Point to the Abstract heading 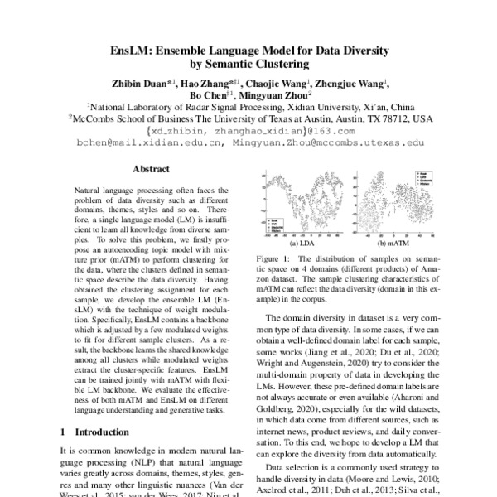tap(151, 169)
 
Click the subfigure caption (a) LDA tap(300, 244)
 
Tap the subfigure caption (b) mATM tap(393, 244)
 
